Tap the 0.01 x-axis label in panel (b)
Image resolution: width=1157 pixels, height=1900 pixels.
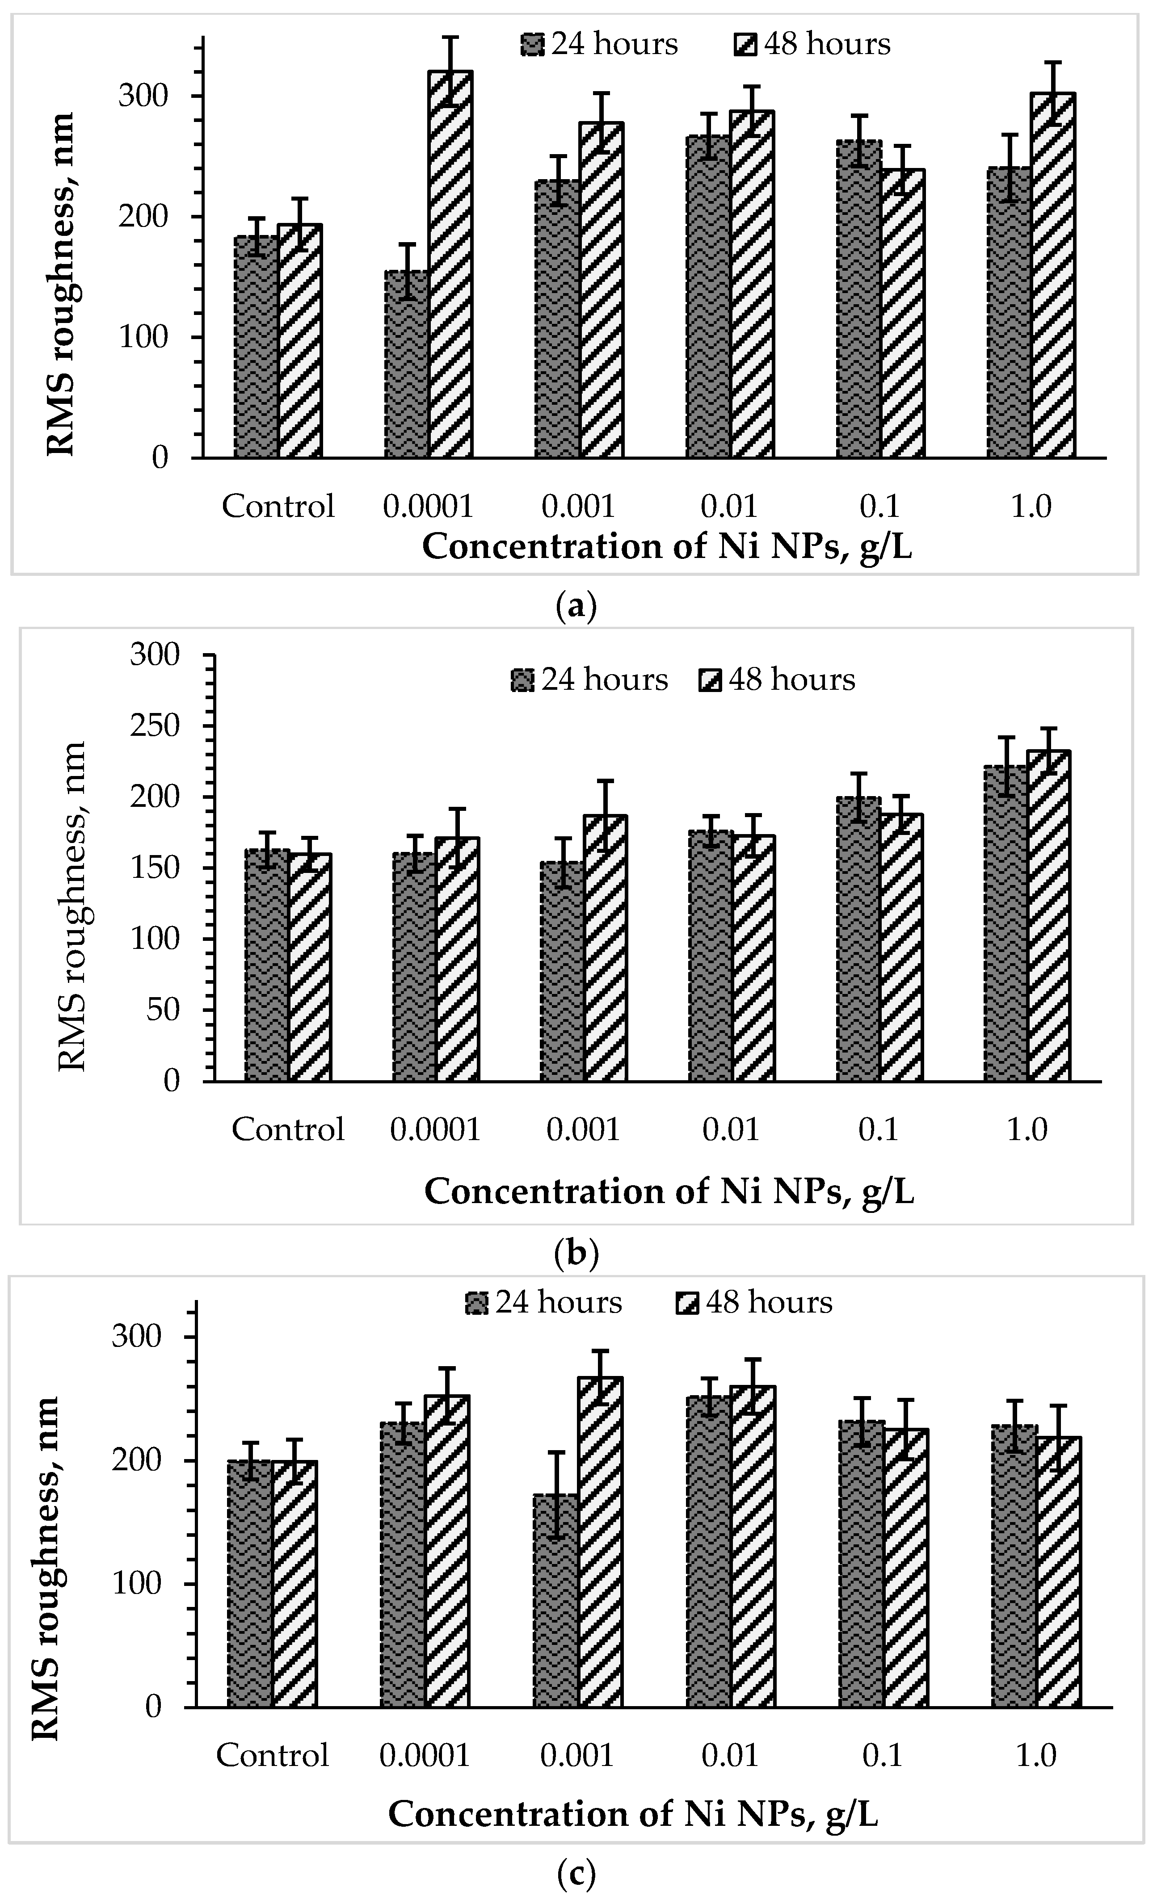731,1130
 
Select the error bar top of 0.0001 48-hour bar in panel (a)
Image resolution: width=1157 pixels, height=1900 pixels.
450,37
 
